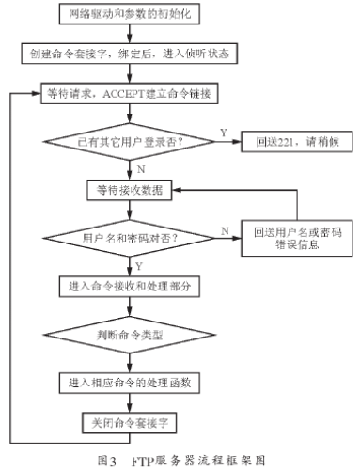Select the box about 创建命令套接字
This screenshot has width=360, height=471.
tap(143, 55)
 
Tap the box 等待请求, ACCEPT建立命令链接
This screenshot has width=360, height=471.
tap(143, 94)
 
